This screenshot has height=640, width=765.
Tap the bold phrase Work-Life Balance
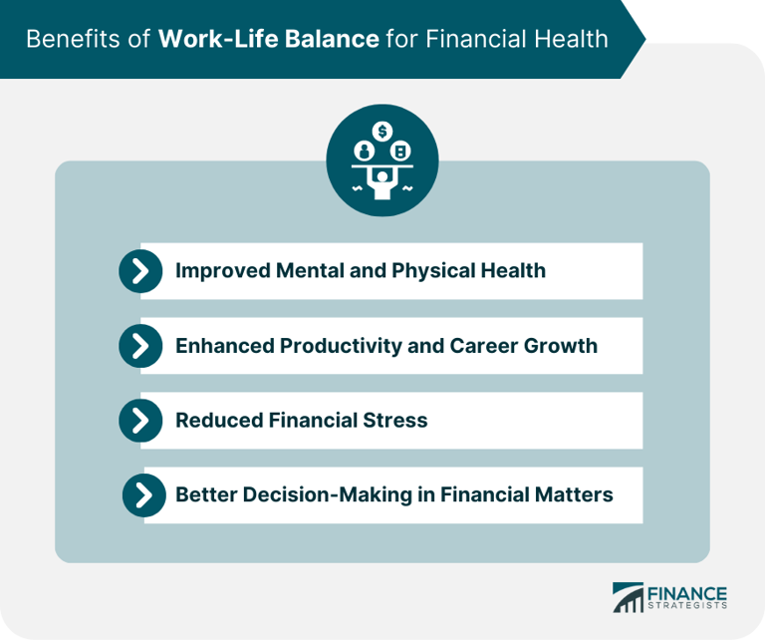click(x=268, y=39)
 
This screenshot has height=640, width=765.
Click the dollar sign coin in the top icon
click(x=382, y=131)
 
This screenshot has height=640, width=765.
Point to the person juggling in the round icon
click(x=382, y=181)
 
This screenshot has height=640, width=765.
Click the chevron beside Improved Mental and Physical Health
click(x=140, y=270)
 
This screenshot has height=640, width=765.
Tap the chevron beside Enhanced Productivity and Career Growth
click(x=140, y=346)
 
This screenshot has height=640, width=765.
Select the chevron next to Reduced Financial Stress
click(x=140, y=421)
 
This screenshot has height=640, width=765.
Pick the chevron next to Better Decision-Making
click(x=144, y=494)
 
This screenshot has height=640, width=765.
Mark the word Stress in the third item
click(x=395, y=421)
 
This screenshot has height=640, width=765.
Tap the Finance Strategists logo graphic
click(x=628, y=596)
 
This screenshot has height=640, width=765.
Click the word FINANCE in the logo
click(x=687, y=592)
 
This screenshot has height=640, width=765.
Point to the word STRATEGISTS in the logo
click(x=687, y=605)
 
